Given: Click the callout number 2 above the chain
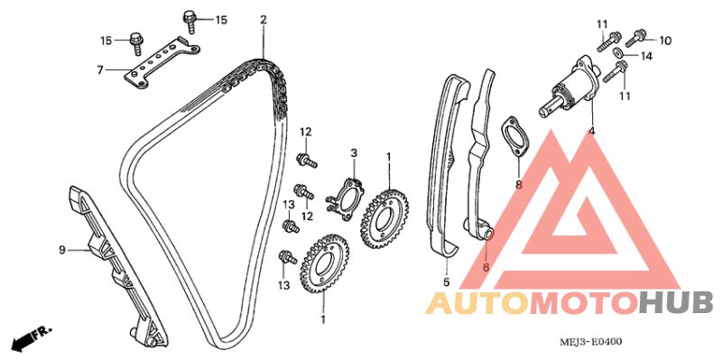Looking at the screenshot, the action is click(263, 20).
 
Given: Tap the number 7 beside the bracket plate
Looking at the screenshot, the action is click(100, 70).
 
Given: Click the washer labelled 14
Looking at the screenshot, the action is click(619, 53).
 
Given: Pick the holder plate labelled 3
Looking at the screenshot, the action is click(346, 198).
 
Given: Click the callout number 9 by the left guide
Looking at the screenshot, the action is click(62, 250).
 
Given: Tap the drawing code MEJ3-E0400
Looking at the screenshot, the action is click(591, 342).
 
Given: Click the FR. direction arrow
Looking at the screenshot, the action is click(32, 336).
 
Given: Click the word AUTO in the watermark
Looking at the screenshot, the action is click(477, 304).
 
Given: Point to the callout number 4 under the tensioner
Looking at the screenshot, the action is click(592, 131).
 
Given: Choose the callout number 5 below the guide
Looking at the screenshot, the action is click(446, 282).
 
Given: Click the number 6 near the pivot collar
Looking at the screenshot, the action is click(486, 267).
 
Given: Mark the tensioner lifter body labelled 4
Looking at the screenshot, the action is click(569, 88).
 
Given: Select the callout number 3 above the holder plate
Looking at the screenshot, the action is click(354, 152).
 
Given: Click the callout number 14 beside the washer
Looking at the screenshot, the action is click(646, 56).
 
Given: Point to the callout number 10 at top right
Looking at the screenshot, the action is click(665, 41).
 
